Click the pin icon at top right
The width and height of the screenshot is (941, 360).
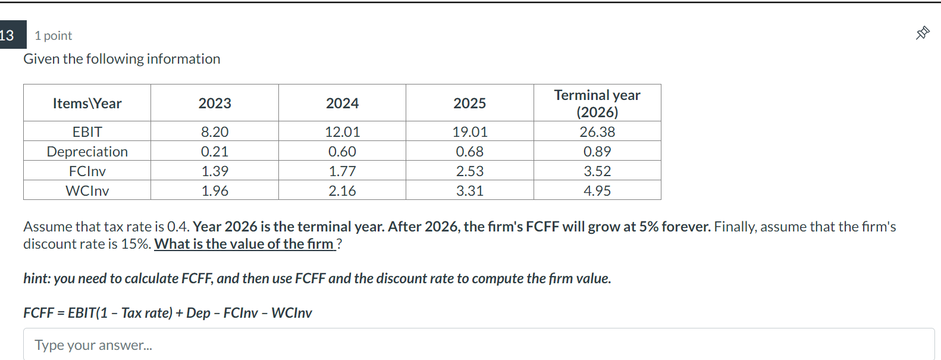[923, 33]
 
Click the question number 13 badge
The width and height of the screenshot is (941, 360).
[9, 35]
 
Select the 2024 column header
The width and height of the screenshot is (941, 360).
[342, 104]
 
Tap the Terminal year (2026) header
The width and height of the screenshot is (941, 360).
[597, 104]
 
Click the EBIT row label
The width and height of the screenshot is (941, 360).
[87, 132]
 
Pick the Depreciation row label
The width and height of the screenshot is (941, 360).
[87, 152]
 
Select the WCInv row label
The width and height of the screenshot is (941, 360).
[87, 191]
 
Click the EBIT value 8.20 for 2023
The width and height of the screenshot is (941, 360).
[215, 132]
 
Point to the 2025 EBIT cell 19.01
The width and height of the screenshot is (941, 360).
[470, 132]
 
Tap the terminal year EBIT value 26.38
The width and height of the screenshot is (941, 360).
[597, 132]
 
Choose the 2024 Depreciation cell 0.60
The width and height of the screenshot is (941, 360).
[342, 152]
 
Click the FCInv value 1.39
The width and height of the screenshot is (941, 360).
[215, 171]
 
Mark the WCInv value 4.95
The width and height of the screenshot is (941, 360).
[597, 191]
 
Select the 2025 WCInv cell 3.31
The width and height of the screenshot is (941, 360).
[470, 191]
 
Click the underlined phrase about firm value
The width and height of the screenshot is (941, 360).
[244, 244]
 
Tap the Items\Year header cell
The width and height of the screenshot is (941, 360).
[87, 104]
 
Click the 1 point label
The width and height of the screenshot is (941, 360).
[54, 36]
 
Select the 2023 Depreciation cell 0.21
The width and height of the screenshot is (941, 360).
[215, 152]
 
